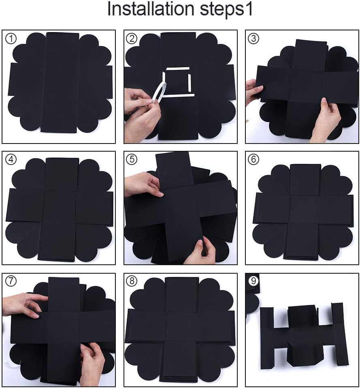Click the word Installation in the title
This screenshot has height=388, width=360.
coord(151,9)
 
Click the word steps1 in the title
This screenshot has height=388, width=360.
coord(226,10)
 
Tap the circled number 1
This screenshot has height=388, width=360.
coord(11,39)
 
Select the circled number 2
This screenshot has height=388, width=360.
coord(132,39)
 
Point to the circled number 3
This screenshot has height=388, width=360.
coord(253,39)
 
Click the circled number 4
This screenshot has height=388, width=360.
coord(11,159)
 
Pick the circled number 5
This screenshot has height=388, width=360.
coord(132,159)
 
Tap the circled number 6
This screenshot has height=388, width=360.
coord(253,159)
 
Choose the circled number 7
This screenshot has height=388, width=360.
coord(11,281)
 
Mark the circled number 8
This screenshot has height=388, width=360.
coord(132,281)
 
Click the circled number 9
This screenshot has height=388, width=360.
coord(253,281)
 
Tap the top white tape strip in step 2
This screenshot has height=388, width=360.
coord(178,69)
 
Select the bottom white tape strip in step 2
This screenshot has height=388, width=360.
coord(179,96)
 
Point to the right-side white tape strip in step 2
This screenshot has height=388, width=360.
coord(190,83)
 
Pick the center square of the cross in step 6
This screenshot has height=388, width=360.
coord(304,209)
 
